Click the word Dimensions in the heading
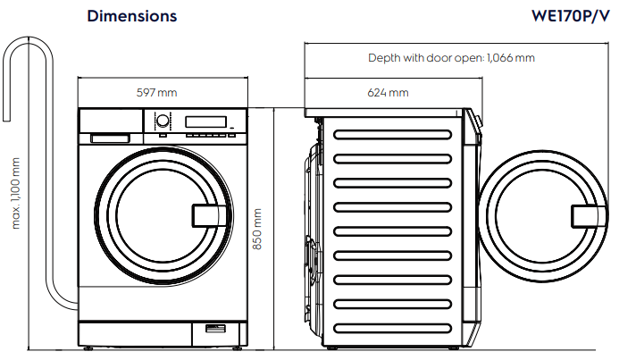tap(132, 16)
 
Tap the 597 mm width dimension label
tap(156, 93)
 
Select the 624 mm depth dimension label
tap(389, 93)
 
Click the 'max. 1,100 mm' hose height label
tap(16, 192)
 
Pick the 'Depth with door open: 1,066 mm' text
tap(451, 58)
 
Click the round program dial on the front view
tap(163, 121)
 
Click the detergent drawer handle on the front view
tap(110, 138)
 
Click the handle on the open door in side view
tap(585, 215)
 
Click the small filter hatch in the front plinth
tap(215, 330)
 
